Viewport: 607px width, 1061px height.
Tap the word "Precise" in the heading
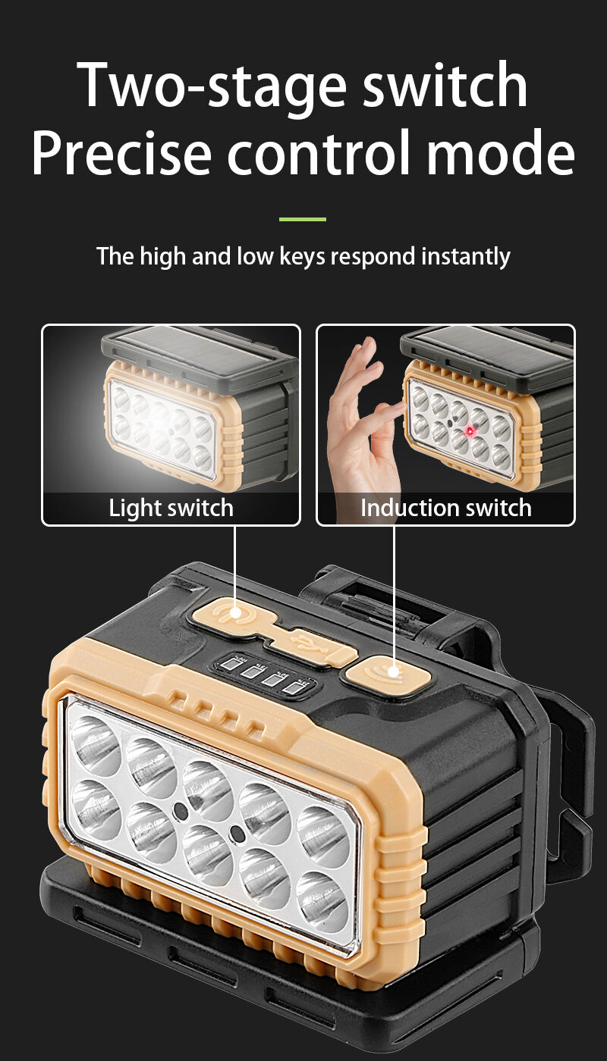coord(121,152)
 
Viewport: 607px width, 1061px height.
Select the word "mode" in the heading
coord(501,152)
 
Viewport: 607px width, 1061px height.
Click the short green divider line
coord(303,219)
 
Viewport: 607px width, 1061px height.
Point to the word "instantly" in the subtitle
coord(466,257)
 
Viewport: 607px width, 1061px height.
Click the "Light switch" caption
coord(171,509)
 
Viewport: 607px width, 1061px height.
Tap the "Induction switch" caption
coord(446,509)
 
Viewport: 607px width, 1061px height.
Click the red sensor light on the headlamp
coord(470,431)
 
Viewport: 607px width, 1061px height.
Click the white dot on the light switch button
coord(235,614)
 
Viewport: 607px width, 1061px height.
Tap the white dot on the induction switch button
coord(393,671)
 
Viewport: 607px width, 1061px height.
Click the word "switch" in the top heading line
coord(445,84)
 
